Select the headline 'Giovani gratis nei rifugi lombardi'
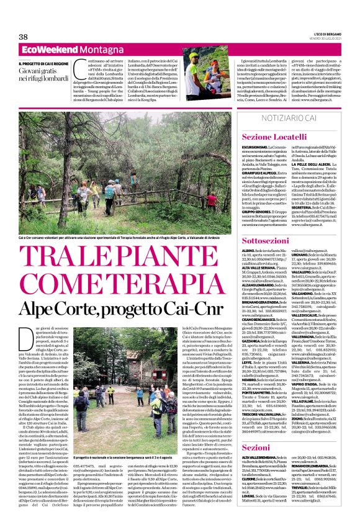pyautogui.click(x=40, y=74)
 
